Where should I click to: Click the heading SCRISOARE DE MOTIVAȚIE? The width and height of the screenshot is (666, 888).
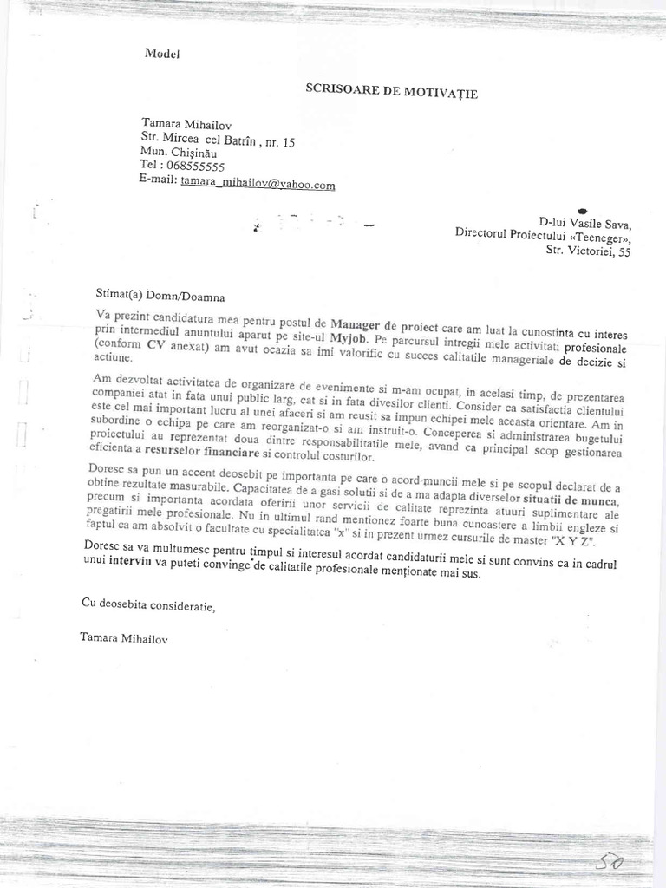pos(390,91)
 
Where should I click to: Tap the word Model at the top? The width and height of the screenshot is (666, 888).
pos(161,54)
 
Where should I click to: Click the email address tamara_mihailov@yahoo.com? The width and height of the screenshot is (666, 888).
pos(258,184)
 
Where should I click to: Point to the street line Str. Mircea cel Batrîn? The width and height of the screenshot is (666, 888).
pos(217,141)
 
